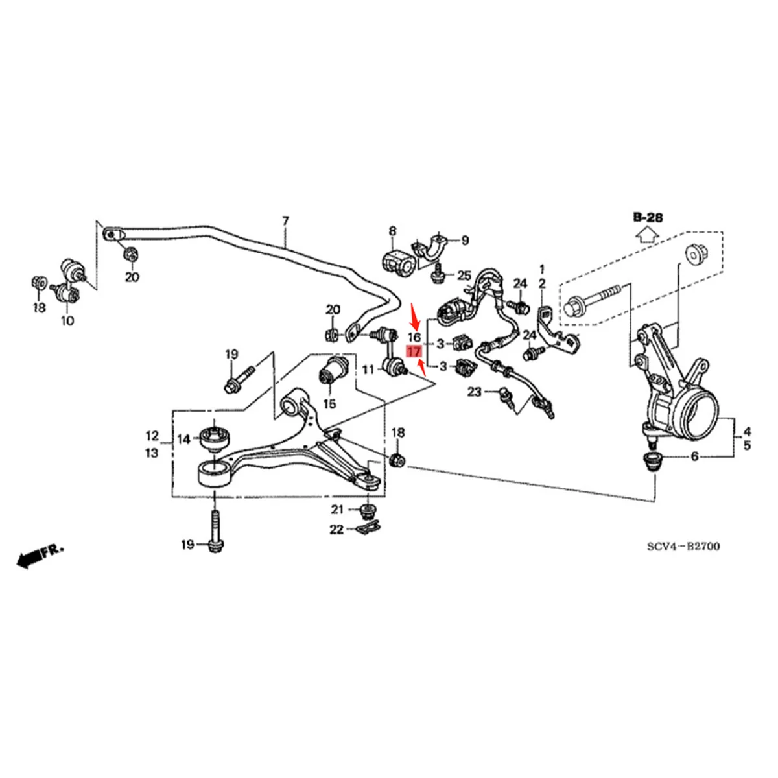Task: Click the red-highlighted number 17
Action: (x=414, y=352)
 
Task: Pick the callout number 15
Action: (x=329, y=404)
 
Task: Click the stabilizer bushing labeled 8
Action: (x=395, y=261)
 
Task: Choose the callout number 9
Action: (x=465, y=241)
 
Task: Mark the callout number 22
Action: (x=336, y=530)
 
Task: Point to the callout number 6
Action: (x=694, y=456)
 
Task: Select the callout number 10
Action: (x=67, y=320)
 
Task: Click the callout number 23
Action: (x=475, y=392)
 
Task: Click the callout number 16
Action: (x=414, y=337)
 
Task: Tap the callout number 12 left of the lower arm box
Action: (x=152, y=435)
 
